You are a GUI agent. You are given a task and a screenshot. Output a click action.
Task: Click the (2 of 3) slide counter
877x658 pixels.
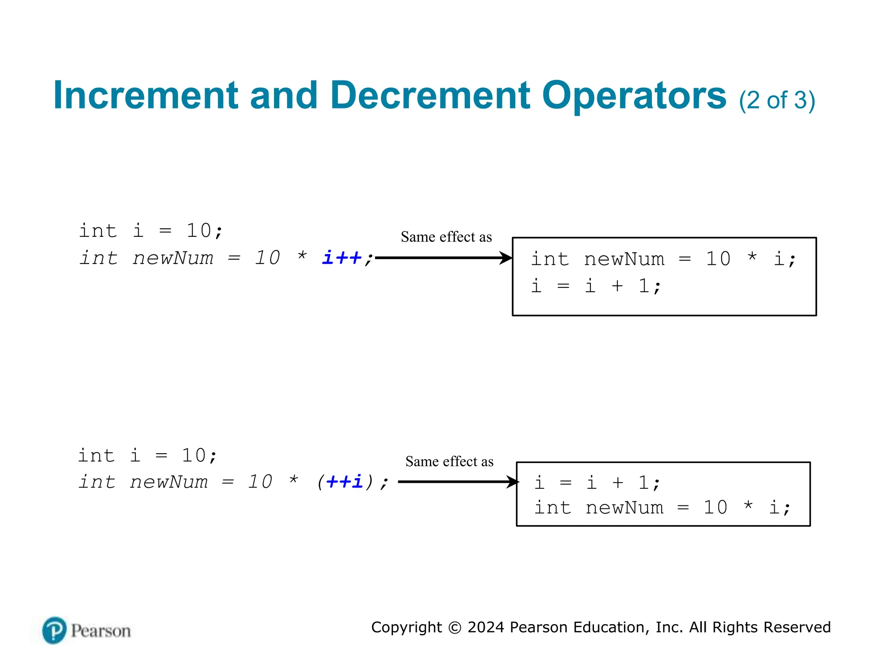(777, 100)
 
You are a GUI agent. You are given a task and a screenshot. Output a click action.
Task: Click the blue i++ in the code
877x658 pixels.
(342, 258)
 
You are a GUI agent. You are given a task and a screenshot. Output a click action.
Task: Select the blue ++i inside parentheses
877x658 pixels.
(344, 482)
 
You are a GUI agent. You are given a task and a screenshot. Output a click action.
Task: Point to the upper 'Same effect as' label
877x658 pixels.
(446, 237)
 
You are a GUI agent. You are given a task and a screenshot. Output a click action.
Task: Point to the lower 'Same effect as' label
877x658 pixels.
(449, 461)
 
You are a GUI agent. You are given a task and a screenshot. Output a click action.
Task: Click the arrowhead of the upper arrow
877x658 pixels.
(506, 258)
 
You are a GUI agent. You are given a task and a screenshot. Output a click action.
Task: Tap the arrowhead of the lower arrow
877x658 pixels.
(513, 482)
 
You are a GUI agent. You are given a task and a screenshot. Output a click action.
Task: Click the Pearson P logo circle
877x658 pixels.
(54, 631)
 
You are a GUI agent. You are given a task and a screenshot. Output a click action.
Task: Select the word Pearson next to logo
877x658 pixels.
(101, 631)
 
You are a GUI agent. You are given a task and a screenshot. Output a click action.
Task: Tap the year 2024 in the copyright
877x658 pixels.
(486, 627)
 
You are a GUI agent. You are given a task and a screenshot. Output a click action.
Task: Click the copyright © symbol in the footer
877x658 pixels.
(455, 628)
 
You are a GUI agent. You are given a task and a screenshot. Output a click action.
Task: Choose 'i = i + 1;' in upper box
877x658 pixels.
(596, 286)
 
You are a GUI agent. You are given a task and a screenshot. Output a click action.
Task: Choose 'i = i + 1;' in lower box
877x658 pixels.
(597, 483)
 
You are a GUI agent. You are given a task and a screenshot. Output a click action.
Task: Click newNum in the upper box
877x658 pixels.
(624, 259)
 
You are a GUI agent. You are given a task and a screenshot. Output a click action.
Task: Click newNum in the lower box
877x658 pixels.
(624, 508)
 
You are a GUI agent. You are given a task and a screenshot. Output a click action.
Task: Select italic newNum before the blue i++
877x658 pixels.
(173, 258)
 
